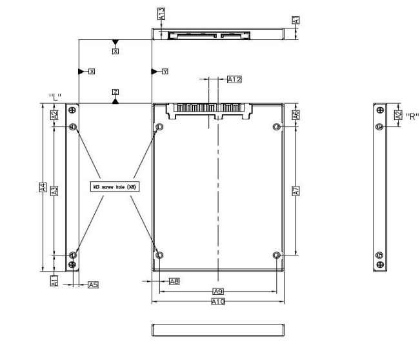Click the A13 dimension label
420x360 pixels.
coord(161,12)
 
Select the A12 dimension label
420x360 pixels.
coord(234,79)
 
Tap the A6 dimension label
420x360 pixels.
coord(295,114)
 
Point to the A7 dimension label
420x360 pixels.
coord(295,190)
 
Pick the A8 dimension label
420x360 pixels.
coord(174,281)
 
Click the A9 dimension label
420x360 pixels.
coord(219,292)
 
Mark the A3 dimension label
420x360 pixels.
coord(54,190)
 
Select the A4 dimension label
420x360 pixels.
coord(42,188)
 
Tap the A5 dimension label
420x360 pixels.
coord(93,284)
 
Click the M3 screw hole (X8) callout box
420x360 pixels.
coord(115,186)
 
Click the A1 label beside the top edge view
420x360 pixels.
coord(295,21)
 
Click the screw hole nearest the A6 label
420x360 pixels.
coord(277,126)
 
